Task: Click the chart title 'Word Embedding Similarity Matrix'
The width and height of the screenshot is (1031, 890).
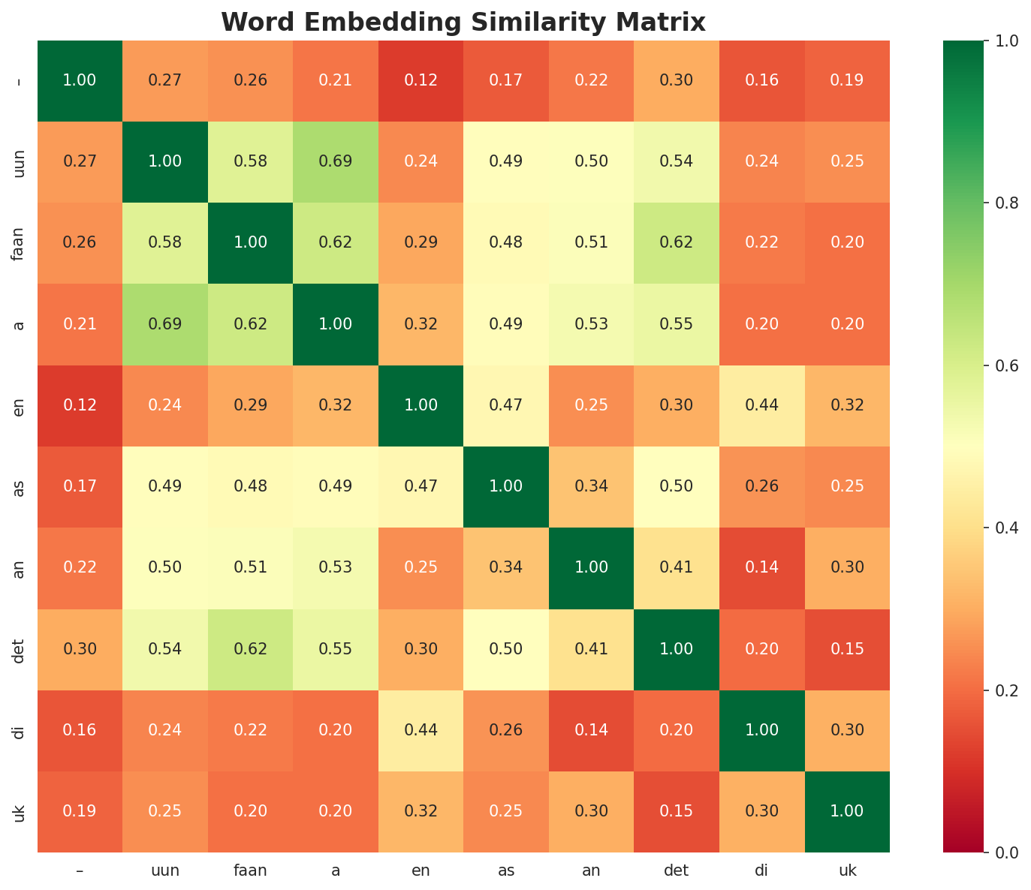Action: coord(463,23)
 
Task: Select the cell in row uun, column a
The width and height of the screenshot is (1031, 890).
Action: coord(336,161)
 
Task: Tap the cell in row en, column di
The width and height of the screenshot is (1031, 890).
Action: coord(762,405)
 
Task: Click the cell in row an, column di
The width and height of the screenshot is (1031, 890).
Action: coord(762,567)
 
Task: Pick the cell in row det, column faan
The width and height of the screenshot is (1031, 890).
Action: coord(250,648)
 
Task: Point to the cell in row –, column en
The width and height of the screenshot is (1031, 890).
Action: coord(421,80)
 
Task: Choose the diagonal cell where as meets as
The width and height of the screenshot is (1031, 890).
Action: coord(506,486)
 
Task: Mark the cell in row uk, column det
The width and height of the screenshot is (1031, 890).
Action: coord(677,811)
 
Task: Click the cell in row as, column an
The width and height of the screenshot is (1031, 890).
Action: coord(592,486)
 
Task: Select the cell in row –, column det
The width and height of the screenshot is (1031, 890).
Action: coord(677,80)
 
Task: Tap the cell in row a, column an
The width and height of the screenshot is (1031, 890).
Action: coord(592,324)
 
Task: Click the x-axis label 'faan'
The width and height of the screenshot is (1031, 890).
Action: coord(250,870)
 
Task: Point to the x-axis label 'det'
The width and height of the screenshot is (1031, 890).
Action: coord(677,870)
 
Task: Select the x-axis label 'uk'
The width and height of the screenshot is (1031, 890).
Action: coord(847,870)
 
